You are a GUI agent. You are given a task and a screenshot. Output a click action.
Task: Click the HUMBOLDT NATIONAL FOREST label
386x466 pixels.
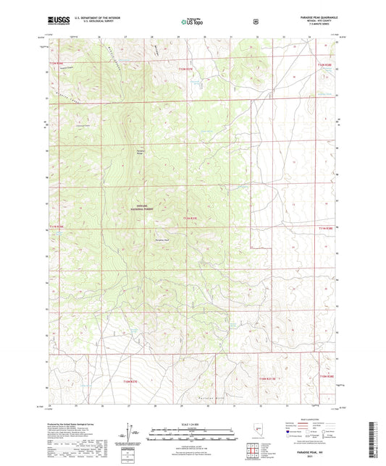(x=142, y=207)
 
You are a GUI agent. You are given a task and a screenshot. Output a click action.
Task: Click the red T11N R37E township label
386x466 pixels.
(x=190, y=218)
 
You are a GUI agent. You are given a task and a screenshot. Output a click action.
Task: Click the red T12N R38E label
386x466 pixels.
(x=324, y=66)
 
